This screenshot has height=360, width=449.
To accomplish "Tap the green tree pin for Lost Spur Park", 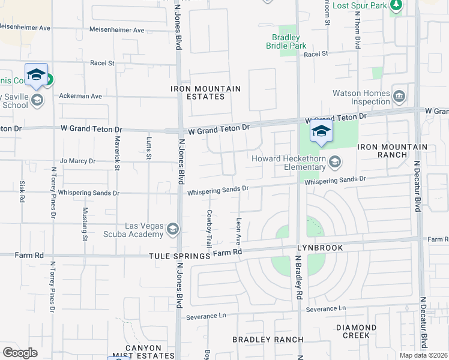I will [x=396, y=5].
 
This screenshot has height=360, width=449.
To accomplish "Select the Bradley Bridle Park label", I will [x=286, y=41].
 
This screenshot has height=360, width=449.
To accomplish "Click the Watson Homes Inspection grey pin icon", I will [x=399, y=96].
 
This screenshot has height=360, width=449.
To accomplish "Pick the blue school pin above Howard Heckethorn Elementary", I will [x=321, y=133].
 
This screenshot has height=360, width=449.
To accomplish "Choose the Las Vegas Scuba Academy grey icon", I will [x=173, y=229].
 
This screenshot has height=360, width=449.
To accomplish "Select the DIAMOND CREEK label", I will [x=357, y=332].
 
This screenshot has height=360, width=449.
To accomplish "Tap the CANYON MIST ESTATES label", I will [x=143, y=352].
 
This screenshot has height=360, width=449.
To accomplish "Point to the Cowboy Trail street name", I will [x=209, y=229].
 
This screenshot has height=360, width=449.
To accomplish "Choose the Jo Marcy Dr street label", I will [x=77, y=161].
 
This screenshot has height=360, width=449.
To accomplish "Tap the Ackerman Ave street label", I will [x=80, y=96].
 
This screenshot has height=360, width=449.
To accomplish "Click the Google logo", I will [x=20, y=353].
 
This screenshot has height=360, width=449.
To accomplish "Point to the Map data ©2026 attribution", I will [x=423, y=355].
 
